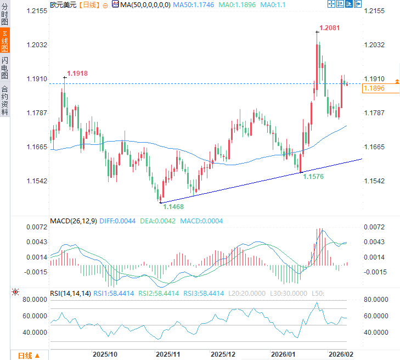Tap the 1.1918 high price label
pos(77,73)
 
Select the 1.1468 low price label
pos(173,207)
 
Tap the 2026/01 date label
pos(284,354)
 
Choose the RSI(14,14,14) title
pos(70,294)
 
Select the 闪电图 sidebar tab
pos(5,67)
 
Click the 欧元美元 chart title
pos(63,4)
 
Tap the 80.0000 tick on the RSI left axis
pos(33,300)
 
